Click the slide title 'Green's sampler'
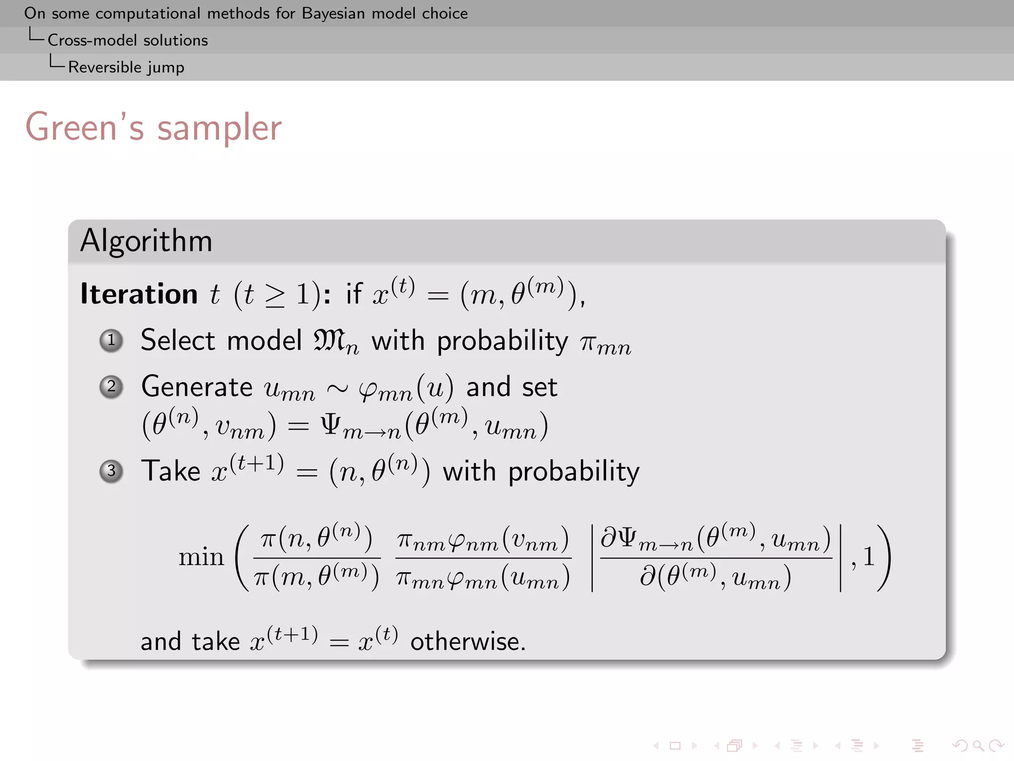153,128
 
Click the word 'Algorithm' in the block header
146,241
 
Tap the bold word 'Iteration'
139,294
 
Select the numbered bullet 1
111,340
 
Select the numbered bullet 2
111,386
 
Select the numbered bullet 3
111,471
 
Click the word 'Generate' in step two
197,387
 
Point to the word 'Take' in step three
171,471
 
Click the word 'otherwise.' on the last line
468,642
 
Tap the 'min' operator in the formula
201,557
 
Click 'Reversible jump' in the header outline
126,67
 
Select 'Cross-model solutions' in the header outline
128,40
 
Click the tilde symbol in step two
337,388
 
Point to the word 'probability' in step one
502,341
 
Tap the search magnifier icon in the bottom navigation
978,745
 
